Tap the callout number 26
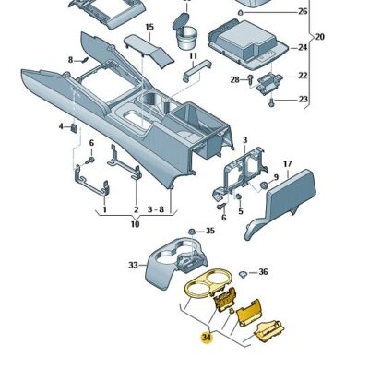pos(303,12)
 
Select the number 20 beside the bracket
pos(320,37)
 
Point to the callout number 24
pos(303,47)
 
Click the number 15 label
pos(149,28)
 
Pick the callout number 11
pos(194,56)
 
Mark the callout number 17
pos(287,162)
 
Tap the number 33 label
pos(132,266)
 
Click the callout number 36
pos(263,272)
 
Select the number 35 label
pos(209,232)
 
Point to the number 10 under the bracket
pos(135,224)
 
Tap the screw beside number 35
pos(191,230)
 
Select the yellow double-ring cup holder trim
pos(208,288)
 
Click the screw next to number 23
pos(273,101)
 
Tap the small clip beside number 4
pos(74,127)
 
